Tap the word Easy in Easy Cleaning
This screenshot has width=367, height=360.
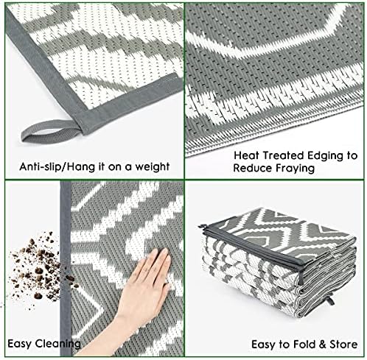point(20,344)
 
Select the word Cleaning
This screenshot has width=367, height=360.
point(57,344)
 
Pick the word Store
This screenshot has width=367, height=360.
point(343,345)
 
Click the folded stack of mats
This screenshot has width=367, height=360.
point(279,263)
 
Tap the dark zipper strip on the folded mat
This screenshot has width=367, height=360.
point(253,249)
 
